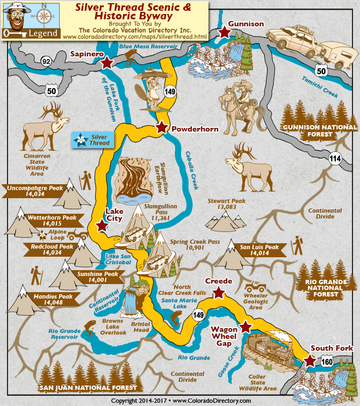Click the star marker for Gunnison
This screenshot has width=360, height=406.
pos(224,33)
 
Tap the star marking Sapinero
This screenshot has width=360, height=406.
pos(107,62)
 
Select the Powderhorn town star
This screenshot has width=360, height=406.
pos(161,127)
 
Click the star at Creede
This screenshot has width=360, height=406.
pos(218,293)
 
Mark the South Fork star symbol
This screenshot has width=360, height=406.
pos(310,360)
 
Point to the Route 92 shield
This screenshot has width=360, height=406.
pos(46,62)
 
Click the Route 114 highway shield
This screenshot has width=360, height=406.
pos(335,158)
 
